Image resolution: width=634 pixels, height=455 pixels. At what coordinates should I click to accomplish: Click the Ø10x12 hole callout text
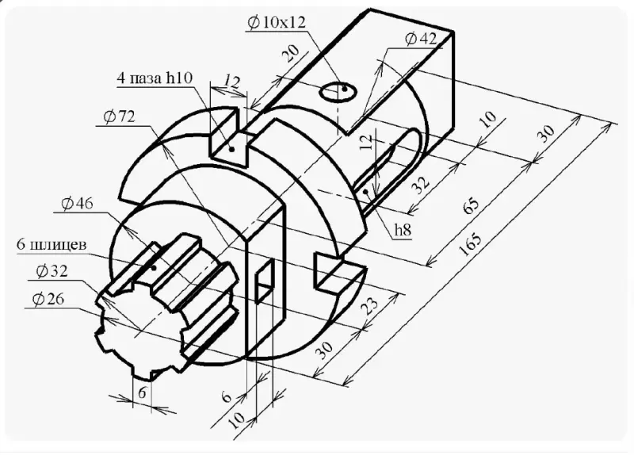(277, 22)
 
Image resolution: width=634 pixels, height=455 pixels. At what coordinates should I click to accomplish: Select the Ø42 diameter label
(421, 39)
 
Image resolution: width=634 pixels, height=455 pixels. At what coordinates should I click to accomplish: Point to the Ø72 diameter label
(119, 117)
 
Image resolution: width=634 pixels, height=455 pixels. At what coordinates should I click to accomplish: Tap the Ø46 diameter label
(77, 203)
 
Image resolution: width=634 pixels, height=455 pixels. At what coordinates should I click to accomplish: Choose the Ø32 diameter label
(52, 271)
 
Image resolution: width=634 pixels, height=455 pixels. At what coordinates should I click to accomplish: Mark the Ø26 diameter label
(48, 300)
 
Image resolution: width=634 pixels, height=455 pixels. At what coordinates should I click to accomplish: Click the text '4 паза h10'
(155, 78)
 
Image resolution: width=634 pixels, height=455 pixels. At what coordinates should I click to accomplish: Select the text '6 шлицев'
(52, 245)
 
